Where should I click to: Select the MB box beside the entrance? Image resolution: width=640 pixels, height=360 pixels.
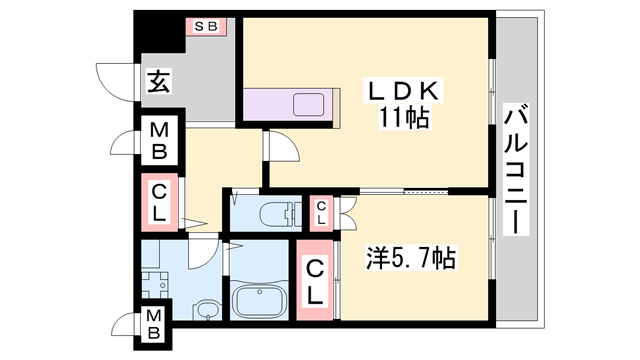click(158, 141)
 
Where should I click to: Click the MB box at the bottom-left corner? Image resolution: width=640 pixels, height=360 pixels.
click(154, 326)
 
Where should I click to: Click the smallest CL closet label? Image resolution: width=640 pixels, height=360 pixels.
click(321, 211)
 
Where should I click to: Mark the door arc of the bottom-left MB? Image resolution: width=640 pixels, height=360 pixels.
click(126, 326)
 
